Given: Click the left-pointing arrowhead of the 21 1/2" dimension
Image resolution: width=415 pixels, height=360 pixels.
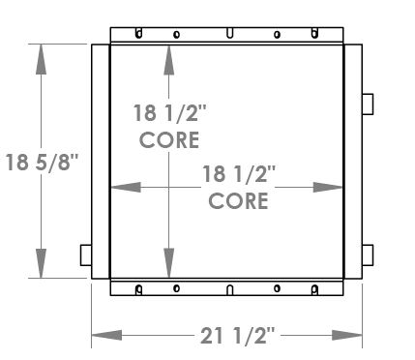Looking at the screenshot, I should [104, 335].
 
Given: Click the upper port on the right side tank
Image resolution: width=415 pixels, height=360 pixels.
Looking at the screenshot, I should [367, 103].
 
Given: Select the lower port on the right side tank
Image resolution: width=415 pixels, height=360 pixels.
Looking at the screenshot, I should [367, 255].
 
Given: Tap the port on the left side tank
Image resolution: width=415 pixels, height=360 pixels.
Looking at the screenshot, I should [85, 255].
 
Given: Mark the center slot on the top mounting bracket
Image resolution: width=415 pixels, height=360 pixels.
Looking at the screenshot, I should [228, 34].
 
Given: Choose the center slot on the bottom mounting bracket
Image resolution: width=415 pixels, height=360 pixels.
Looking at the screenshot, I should [228, 289].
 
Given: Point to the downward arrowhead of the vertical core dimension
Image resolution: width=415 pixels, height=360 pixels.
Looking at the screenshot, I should [169, 263].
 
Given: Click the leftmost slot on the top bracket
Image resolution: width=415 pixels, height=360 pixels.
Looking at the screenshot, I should [139, 33].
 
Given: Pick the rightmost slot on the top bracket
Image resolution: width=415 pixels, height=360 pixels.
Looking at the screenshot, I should [315, 33].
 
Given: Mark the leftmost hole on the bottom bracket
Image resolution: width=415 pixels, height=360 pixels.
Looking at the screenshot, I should [139, 289].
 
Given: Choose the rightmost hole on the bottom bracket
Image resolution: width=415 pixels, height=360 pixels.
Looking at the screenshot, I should [315, 289].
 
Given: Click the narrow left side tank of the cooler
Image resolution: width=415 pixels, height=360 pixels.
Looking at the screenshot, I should [100, 161].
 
